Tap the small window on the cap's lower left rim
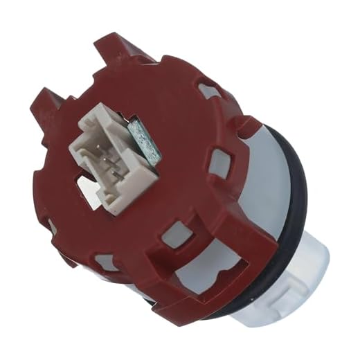click(x=104, y=262)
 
